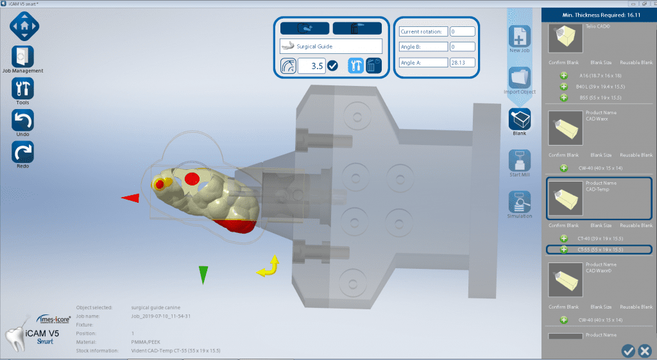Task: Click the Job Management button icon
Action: [23, 56]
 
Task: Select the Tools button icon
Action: [23, 89]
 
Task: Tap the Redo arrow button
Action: [23, 152]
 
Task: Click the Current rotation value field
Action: [462, 31]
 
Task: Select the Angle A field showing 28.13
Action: [462, 62]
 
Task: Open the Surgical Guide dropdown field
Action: [331, 46]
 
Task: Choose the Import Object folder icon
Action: [519, 78]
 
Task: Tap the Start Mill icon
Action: [519, 160]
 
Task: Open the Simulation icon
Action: [519, 201]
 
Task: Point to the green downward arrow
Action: [203, 274]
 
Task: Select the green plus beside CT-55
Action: [564, 249]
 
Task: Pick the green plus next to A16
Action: [564, 76]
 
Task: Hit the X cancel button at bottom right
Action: [645, 350]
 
